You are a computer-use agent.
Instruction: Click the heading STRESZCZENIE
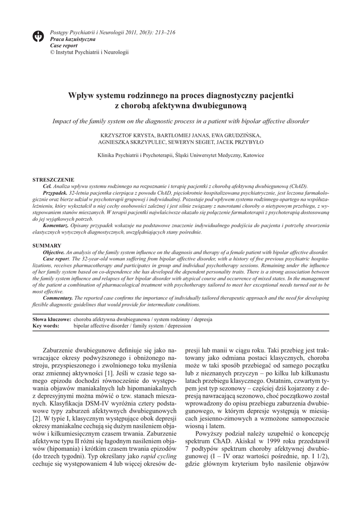click(x=53, y=179)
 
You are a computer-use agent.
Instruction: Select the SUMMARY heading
click(x=47, y=246)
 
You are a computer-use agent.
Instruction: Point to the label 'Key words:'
click(x=46, y=326)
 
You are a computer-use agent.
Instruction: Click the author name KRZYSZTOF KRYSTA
click(x=127, y=135)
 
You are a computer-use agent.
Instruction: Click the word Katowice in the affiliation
click(x=252, y=155)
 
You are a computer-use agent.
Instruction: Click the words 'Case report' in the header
click(x=64, y=45)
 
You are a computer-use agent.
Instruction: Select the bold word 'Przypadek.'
click(x=55, y=191)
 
